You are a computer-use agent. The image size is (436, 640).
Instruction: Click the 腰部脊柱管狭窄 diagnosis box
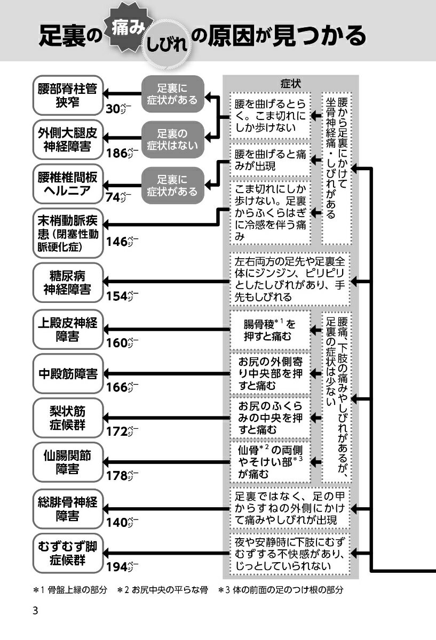coord(68,95)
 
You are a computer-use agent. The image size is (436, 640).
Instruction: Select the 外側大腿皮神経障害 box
coord(68,140)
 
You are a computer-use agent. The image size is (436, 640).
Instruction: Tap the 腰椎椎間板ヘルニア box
coord(68,184)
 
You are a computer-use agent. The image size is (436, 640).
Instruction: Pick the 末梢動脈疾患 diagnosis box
coord(68,234)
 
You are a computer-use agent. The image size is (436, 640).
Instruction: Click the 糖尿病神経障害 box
coord(68,282)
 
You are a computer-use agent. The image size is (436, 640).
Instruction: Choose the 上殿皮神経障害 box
coord(68,329)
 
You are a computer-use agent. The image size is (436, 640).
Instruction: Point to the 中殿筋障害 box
coord(68,373)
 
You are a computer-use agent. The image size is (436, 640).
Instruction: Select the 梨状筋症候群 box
coord(68,418)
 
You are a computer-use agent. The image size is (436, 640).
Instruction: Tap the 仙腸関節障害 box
coord(68,462)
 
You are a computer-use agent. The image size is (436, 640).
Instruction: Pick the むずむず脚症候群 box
coord(68,553)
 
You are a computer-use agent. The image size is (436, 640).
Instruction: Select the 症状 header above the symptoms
coord(290,84)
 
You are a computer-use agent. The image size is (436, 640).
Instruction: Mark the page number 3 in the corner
coord(35,611)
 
